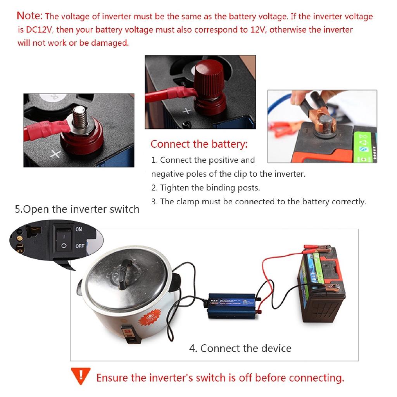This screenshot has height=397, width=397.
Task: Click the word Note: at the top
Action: pos(29,16)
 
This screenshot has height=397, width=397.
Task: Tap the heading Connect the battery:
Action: pos(199,144)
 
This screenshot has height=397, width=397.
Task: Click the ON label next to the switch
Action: pos(79,229)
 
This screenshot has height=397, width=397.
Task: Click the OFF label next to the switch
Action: pos(80,246)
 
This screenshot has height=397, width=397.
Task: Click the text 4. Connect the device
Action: pos(240,348)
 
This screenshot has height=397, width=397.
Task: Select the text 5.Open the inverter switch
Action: pos(77,209)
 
